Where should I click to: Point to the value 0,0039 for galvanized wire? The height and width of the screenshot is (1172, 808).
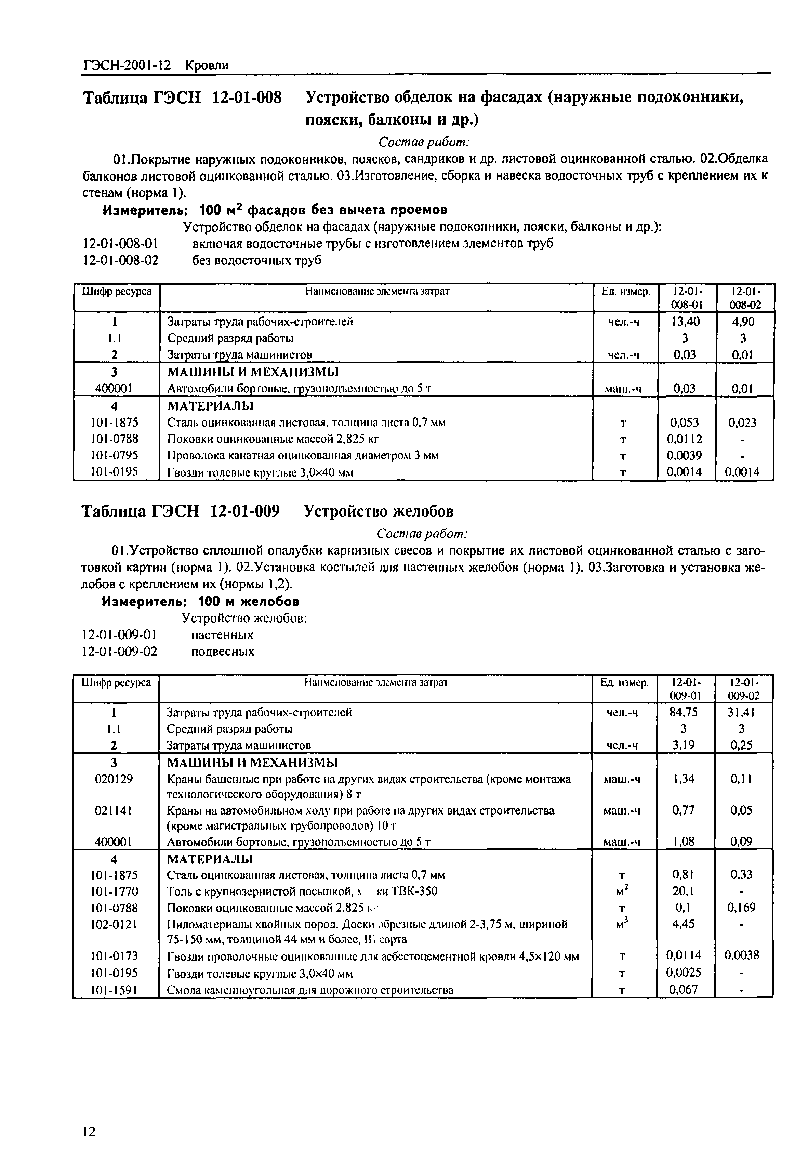pyautogui.click(x=686, y=455)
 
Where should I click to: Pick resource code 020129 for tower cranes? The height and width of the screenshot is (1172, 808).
pyautogui.click(x=114, y=779)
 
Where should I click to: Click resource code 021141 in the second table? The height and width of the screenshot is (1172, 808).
pyautogui.click(x=114, y=810)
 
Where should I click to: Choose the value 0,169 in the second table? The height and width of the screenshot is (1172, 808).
pyautogui.click(x=742, y=907)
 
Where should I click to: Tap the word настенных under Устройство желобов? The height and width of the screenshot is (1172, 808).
pyautogui.click(x=222, y=635)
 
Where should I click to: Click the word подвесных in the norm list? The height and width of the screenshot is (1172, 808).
pyautogui.click(x=222, y=651)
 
